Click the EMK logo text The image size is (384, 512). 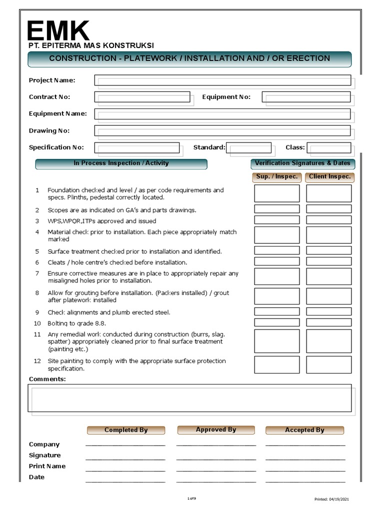tap(58, 31)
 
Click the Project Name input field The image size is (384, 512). tap(222, 80)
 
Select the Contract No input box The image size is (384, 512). tap(142, 97)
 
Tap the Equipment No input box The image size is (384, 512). tap(306, 97)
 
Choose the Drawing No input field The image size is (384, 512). tap(222, 131)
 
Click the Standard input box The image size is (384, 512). tap(248, 147)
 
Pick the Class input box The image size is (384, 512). tap(328, 147)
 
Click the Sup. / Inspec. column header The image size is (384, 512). tap(276, 177)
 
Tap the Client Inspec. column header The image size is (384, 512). tap(329, 177)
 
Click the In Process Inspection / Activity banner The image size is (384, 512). tap(121, 164)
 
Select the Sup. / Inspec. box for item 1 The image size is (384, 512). tap(276, 193)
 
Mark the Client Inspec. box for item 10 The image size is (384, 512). tap(328, 322)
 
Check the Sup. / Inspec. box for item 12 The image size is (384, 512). tap(276, 364)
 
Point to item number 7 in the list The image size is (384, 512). tap(37, 273)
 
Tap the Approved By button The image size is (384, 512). tap(216, 430)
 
